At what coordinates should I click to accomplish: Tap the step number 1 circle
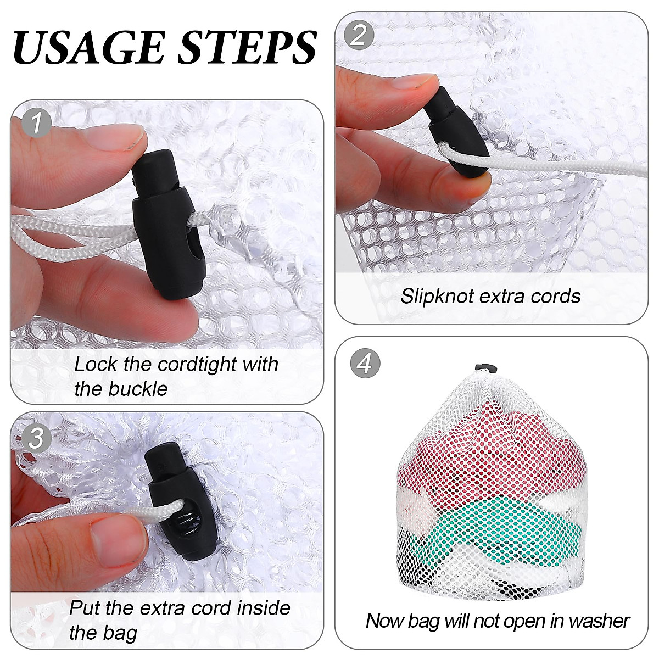37,122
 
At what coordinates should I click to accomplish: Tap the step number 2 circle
359,35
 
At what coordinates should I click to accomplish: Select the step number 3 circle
36,438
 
